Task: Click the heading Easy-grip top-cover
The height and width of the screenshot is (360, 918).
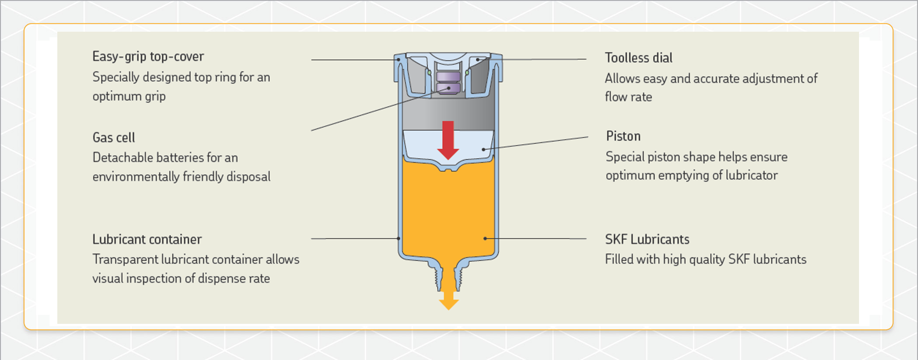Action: tap(148, 57)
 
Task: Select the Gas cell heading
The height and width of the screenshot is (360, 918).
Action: tap(113, 138)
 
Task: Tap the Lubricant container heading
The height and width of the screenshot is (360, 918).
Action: tap(147, 239)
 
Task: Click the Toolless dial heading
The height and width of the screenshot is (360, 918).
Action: tap(639, 58)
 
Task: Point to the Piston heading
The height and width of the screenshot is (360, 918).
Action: tap(623, 136)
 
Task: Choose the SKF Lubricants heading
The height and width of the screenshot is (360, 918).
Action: tap(647, 239)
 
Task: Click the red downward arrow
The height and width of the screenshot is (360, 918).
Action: tap(448, 140)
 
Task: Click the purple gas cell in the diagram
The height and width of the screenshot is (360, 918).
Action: tap(448, 82)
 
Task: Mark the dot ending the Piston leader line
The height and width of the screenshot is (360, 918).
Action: tap(484, 149)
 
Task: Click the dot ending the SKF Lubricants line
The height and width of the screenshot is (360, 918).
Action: tap(485, 238)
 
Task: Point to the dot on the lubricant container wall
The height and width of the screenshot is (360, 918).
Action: tap(399, 238)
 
